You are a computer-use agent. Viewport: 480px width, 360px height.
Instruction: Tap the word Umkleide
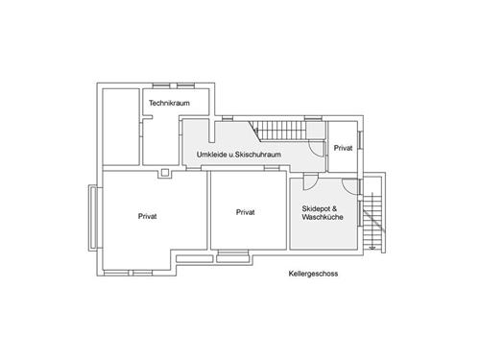pyautogui.click(x=211, y=155)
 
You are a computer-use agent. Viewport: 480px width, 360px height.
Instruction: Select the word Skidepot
pyautogui.click(x=318, y=208)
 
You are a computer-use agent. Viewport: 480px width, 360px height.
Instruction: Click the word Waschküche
pyautogui.click(x=324, y=218)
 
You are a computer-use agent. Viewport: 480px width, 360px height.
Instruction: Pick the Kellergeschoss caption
pyautogui.click(x=313, y=274)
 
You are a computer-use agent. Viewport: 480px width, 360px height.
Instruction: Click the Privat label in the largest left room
pyautogui.click(x=148, y=216)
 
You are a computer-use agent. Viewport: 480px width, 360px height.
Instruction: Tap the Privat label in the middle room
pyautogui.click(x=245, y=212)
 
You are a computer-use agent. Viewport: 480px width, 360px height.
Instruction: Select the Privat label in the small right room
pyautogui.click(x=343, y=149)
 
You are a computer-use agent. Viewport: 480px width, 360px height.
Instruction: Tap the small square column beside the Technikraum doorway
pyautogui.click(x=165, y=173)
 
